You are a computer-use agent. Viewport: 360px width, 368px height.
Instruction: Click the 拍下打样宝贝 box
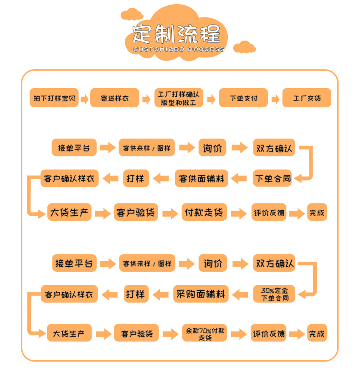[x=54, y=98]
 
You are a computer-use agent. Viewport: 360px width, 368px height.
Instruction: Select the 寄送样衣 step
[x=115, y=98]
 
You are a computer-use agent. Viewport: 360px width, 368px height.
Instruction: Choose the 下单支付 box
[x=243, y=98]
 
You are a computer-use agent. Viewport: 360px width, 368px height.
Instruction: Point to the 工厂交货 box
[x=307, y=98]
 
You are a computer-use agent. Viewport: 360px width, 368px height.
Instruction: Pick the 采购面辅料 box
[x=201, y=294]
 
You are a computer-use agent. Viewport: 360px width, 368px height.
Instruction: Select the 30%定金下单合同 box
[x=274, y=294]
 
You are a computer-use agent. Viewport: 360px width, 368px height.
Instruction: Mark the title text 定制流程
[x=176, y=34]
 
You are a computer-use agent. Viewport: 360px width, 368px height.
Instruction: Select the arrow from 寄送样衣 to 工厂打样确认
[x=146, y=99]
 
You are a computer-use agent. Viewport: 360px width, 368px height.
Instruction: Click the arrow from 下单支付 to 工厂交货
[x=275, y=99]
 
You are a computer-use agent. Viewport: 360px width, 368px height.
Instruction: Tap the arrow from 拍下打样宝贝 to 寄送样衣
[x=84, y=99]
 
